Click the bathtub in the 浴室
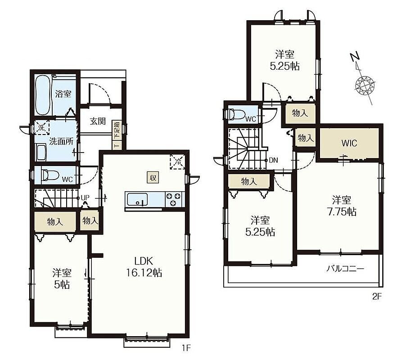[x=43, y=95]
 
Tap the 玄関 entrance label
[x=98, y=121]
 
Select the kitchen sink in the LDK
[x=136, y=199]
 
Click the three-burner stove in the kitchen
[x=173, y=199]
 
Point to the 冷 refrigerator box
[x=178, y=162]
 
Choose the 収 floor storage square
[x=153, y=178]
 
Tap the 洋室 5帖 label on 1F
[x=62, y=279]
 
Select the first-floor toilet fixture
[x=48, y=175]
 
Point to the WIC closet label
[x=349, y=143]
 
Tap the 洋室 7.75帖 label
[x=342, y=206]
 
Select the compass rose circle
[x=365, y=85]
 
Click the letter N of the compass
[x=355, y=58]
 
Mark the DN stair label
[x=273, y=160]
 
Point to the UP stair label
[x=85, y=198]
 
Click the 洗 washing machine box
[x=42, y=127]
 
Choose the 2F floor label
[x=377, y=297]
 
